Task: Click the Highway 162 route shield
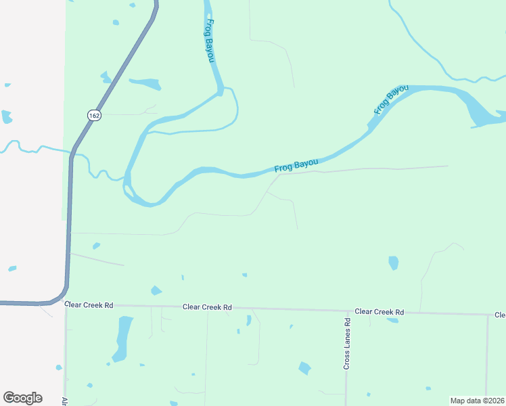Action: pos(94,116)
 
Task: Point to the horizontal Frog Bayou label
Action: pos(296,165)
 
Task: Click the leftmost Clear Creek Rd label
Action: pos(89,305)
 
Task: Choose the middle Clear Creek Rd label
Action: pos(207,307)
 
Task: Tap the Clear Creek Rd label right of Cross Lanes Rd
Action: pos(379,312)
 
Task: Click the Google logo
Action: pos(22,398)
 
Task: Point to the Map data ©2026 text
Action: pos(477,401)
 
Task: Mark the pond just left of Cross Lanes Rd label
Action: pos(305,368)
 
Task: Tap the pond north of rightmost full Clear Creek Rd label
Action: pos(393,263)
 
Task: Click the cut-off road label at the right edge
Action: pos(500,315)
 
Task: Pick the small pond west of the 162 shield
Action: pos(7,116)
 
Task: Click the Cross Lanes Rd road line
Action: pos(346,379)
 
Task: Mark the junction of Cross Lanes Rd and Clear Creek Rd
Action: pos(346,311)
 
